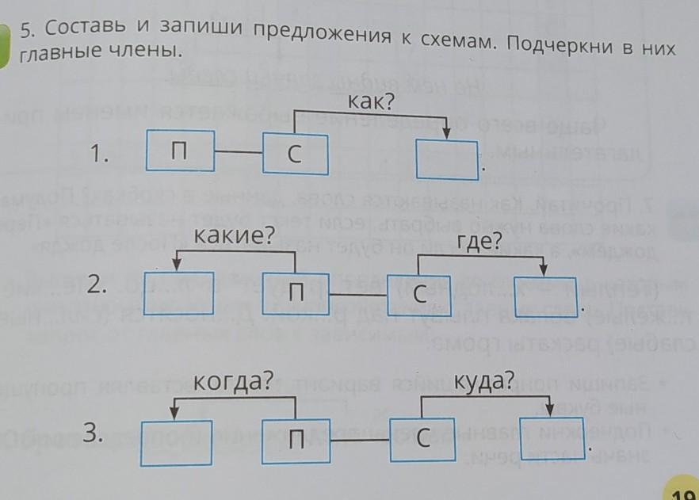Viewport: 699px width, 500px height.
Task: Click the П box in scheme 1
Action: coord(180,151)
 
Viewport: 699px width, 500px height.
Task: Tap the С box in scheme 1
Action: coord(295,155)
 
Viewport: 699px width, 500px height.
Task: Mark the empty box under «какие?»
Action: coord(179,292)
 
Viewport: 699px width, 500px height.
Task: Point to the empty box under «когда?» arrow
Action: coord(176,440)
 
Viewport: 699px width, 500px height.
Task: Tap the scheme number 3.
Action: coord(95,433)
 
